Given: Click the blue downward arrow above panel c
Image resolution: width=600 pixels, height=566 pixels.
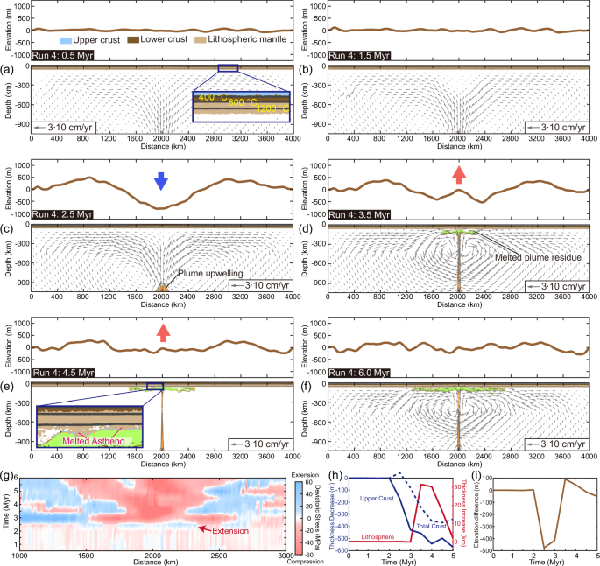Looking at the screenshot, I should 160,180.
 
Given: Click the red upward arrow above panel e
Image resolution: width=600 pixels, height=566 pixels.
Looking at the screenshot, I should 161,332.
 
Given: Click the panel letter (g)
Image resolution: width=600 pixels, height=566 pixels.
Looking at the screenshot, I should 8,476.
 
